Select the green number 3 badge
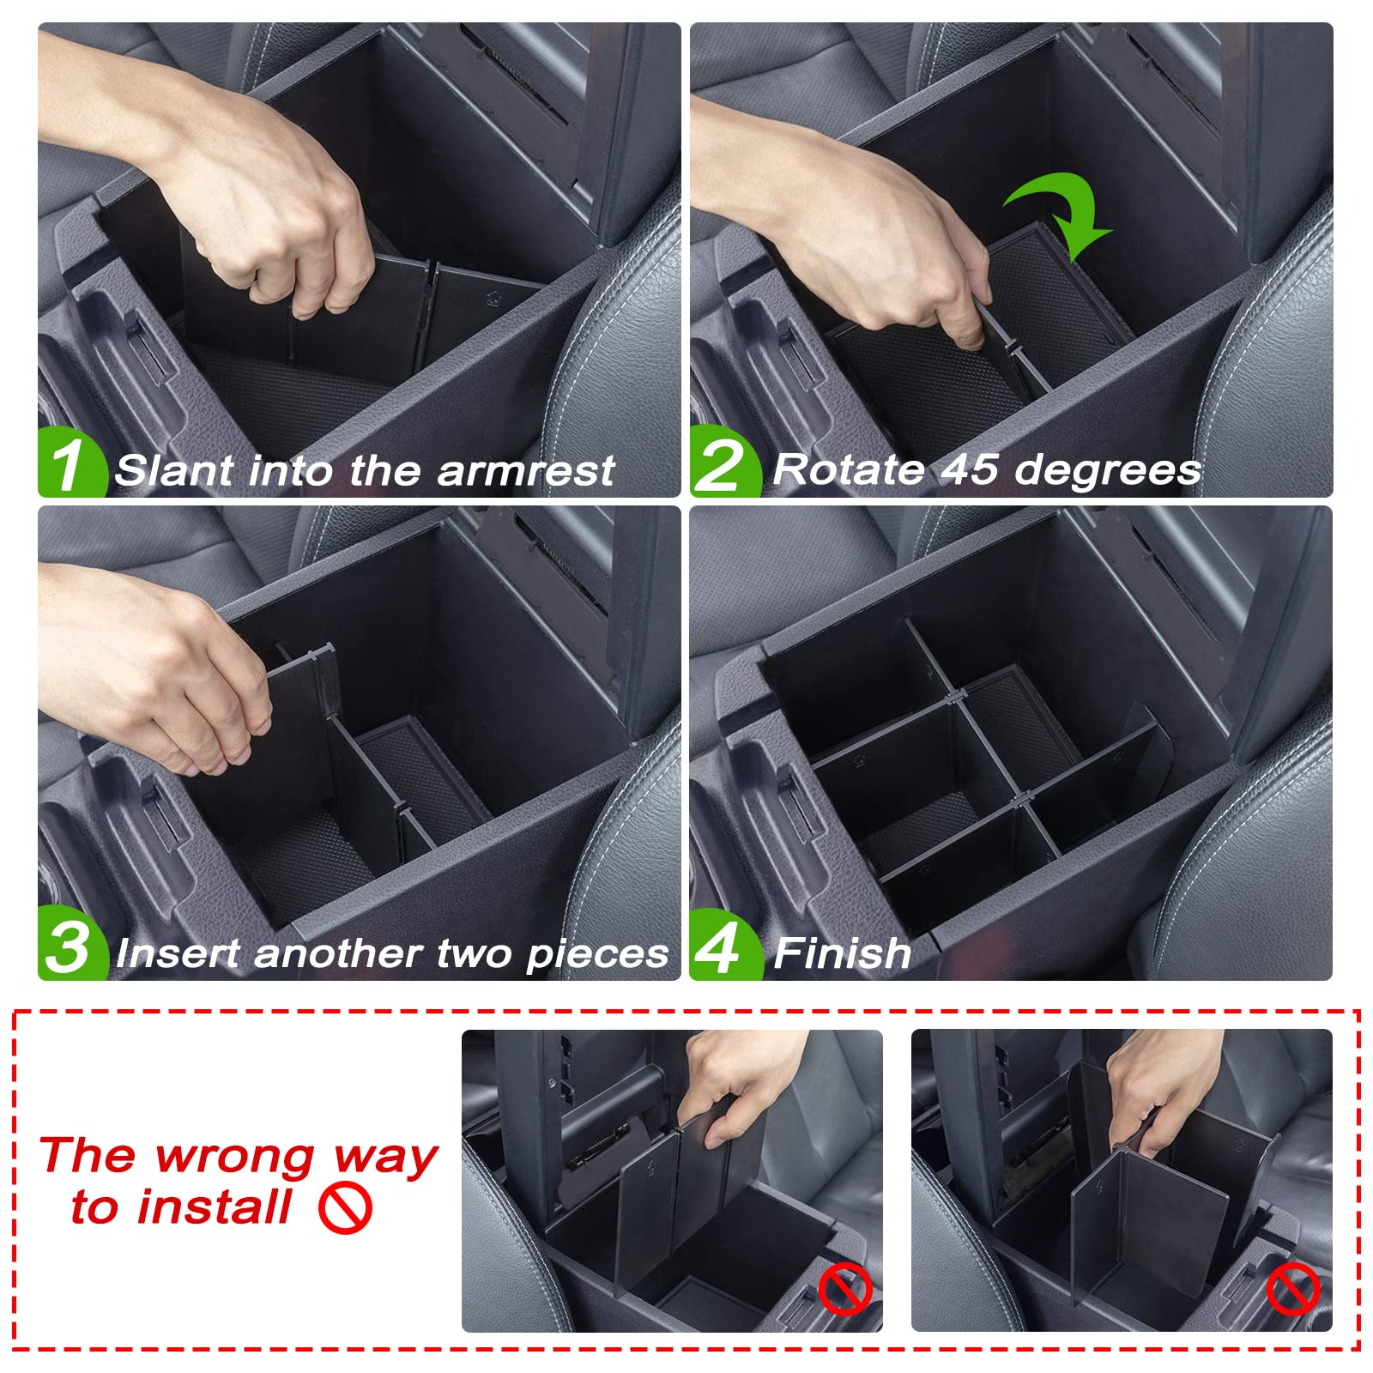69,948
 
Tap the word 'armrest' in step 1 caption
525,470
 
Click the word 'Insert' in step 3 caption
177,953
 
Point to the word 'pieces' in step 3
596,954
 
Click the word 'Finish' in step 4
842,953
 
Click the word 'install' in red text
215,1207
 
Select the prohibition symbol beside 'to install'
345,1209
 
